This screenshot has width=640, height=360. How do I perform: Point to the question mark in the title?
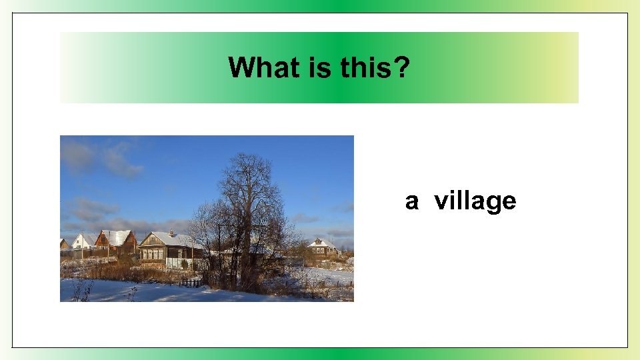coord(402,67)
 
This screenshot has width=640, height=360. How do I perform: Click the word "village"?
coord(475,201)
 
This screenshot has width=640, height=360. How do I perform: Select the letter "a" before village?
coord(412,201)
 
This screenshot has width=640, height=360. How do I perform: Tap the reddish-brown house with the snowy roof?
coord(116,241)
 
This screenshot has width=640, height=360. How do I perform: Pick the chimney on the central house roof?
coord(171,233)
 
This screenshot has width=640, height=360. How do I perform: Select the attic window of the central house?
coord(152,241)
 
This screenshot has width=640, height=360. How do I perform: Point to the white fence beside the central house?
coord(177,263)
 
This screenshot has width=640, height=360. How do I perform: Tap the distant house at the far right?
coord(322,248)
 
